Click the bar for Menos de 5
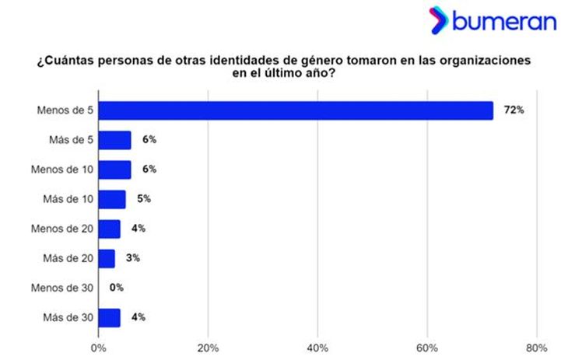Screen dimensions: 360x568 [x=296, y=110]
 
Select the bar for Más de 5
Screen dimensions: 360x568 [x=114, y=140]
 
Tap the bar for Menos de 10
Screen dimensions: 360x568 [x=114, y=170]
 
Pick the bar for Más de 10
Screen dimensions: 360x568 [x=112, y=199]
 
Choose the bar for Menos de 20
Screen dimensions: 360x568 [x=109, y=229]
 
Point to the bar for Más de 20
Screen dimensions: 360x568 [x=107, y=258]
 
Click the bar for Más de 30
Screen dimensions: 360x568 [x=109, y=317]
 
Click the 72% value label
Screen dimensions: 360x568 [x=514, y=110]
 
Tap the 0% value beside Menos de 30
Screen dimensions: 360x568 [x=117, y=288]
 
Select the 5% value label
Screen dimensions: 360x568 [x=143, y=199]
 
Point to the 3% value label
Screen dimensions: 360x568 [x=132, y=258]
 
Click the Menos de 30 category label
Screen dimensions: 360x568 [x=62, y=288]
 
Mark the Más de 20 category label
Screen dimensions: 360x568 [x=68, y=258]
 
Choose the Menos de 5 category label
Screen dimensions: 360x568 [x=65, y=110]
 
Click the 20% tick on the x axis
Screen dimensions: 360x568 [x=208, y=347]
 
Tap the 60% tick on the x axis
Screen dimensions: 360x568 [x=427, y=347]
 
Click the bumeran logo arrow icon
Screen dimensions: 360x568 [x=439, y=19]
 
